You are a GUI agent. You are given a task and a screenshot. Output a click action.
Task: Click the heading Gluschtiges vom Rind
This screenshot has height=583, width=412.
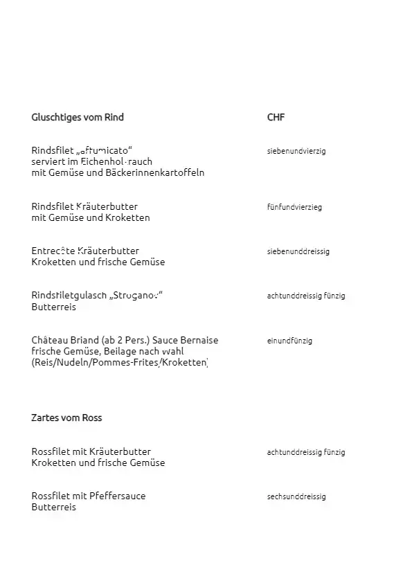pos(78,117)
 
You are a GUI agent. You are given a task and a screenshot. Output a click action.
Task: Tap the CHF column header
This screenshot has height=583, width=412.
pos(276,117)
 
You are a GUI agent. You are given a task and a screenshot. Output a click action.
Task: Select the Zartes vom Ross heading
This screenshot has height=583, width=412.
pos(66,418)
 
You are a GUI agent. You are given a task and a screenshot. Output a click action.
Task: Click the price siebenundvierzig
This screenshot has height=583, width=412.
pos(296,150)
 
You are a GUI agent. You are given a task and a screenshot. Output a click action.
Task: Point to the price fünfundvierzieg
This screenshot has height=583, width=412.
pos(294,207)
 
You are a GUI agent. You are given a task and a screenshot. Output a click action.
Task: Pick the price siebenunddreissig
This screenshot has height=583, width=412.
pos(298,251)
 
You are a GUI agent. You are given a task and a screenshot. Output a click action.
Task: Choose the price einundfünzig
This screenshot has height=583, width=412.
pos(289,341)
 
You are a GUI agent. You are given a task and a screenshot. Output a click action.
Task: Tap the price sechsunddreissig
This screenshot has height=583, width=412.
pos(296,496)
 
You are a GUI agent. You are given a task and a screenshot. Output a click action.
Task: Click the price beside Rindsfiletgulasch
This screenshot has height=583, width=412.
pos(306,296)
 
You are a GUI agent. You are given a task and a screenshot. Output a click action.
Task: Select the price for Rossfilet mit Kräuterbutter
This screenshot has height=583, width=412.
pos(306,452)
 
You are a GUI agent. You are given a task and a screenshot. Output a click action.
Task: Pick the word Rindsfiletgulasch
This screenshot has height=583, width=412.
pos(69,296)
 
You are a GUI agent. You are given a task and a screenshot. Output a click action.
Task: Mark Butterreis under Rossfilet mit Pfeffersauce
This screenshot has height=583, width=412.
pos(53,507)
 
